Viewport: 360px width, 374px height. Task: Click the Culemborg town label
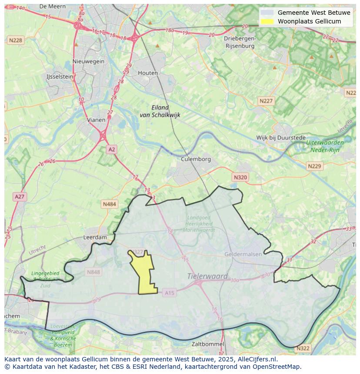[x=196, y=159]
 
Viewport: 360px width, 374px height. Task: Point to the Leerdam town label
[x=95, y=238]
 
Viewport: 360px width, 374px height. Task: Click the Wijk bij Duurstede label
[x=281, y=138]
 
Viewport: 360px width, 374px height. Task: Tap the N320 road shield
[x=240, y=177]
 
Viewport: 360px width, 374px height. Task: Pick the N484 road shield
[x=110, y=204]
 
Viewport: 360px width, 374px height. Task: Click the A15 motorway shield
[x=170, y=293]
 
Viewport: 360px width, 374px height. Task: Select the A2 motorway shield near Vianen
[x=112, y=149]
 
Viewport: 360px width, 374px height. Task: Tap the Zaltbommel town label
[x=208, y=344]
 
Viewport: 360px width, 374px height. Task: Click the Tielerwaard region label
[x=207, y=276]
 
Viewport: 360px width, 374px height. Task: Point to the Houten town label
[x=148, y=73]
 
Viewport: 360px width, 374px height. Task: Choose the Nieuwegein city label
[x=89, y=61]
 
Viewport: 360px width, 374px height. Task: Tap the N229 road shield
[x=314, y=166]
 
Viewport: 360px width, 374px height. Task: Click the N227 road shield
[x=266, y=101]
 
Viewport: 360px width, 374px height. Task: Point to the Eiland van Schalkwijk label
[x=160, y=111]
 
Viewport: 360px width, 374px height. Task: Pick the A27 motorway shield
[x=20, y=197]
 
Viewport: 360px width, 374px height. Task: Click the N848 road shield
[x=93, y=272]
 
